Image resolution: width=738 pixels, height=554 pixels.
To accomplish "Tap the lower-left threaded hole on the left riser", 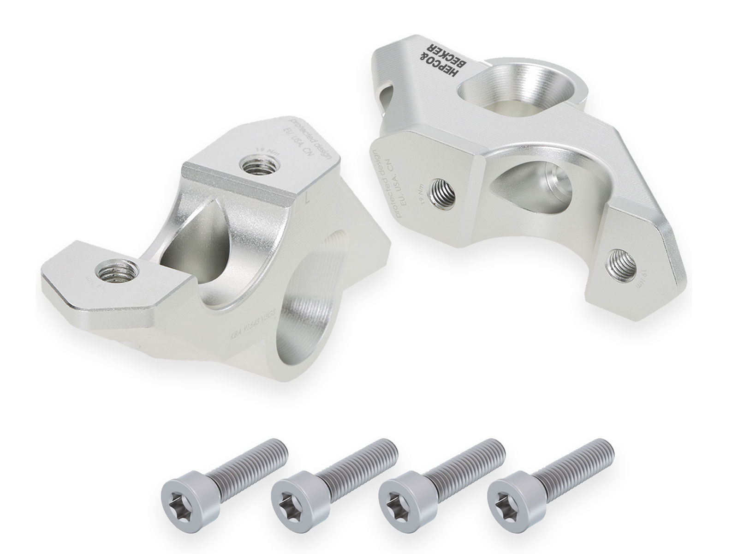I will pyautogui.click(x=116, y=270).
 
